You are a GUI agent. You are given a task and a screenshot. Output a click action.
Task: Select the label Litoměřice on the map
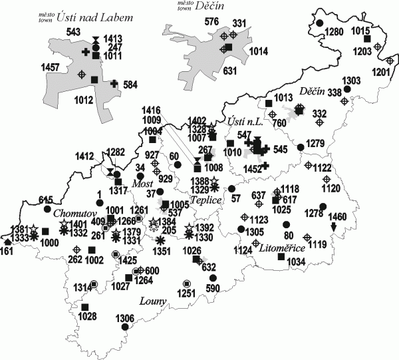click(x=282, y=248)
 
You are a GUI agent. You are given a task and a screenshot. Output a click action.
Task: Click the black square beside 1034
click(x=280, y=257)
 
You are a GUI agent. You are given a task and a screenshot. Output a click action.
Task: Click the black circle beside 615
click(x=47, y=209)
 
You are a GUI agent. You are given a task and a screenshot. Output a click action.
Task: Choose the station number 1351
click(x=160, y=252)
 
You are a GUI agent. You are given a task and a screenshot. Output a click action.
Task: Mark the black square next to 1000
click(x=45, y=232)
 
